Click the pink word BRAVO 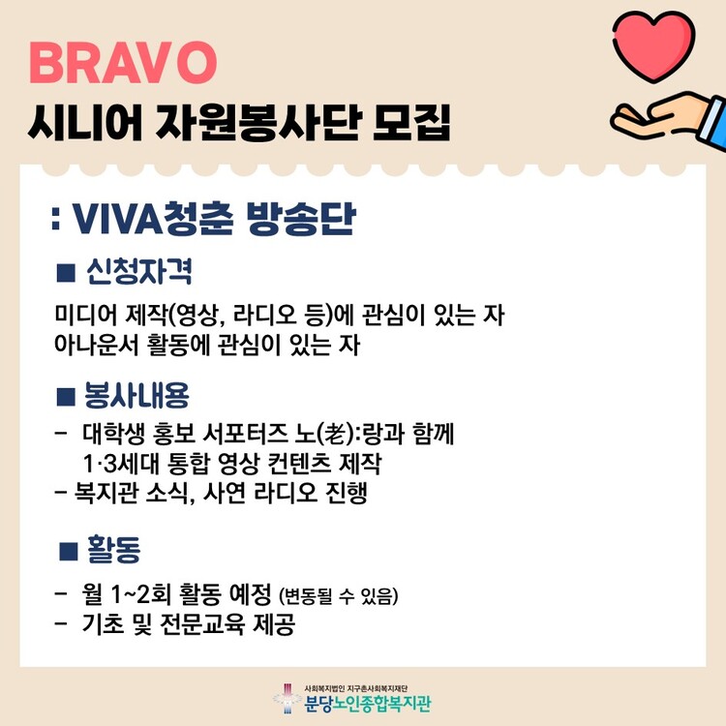click(123, 63)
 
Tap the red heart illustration click(654, 45)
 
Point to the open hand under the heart click(660, 117)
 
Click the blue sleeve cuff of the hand click(713, 123)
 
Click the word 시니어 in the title click(85, 122)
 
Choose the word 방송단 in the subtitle click(301, 219)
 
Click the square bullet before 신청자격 click(66, 273)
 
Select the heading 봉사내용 click(136, 396)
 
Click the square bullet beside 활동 click(69, 551)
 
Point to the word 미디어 click(85, 316)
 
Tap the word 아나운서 click(96, 345)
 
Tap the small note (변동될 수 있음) click(339, 596)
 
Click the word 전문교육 click(202, 624)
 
